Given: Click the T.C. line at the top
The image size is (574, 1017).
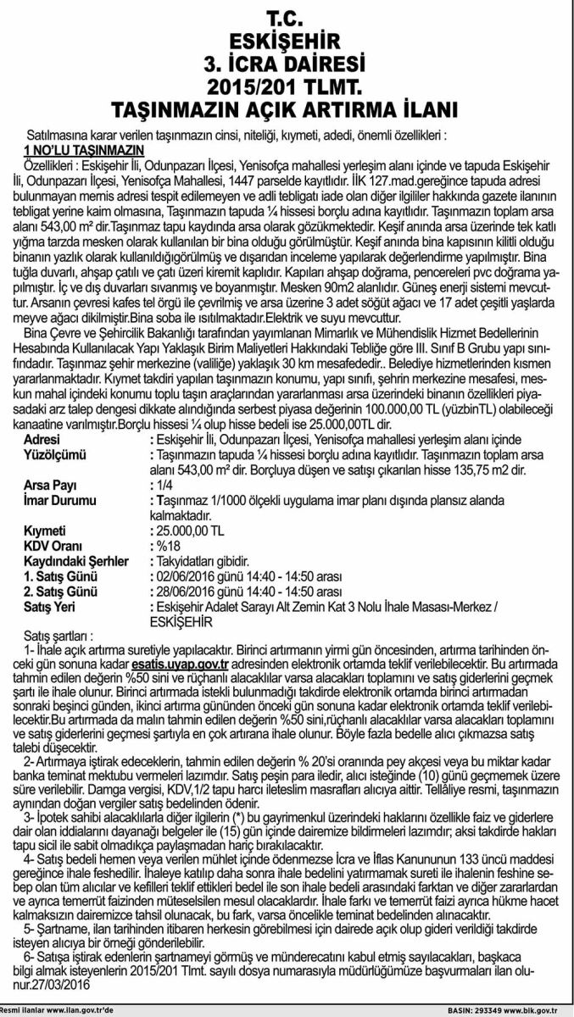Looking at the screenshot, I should point(287,16).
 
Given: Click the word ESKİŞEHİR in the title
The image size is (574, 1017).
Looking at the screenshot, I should point(287,39).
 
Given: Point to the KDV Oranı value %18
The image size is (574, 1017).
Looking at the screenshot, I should point(167,542).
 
